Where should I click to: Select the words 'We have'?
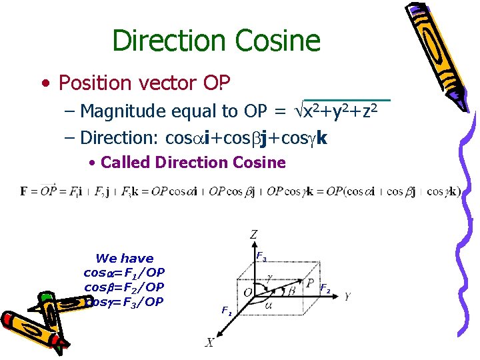click(x=124, y=258)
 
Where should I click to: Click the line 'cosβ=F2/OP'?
click(x=124, y=287)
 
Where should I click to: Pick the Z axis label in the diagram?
click(x=253, y=234)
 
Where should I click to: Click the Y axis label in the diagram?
click(x=348, y=297)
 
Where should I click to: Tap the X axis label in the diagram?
click(x=210, y=342)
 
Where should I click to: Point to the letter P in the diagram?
click(x=309, y=283)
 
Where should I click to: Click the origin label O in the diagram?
click(x=247, y=293)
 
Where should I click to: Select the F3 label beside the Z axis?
click(x=261, y=257)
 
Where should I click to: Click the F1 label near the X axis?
click(x=227, y=311)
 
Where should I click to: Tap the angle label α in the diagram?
click(x=268, y=305)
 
